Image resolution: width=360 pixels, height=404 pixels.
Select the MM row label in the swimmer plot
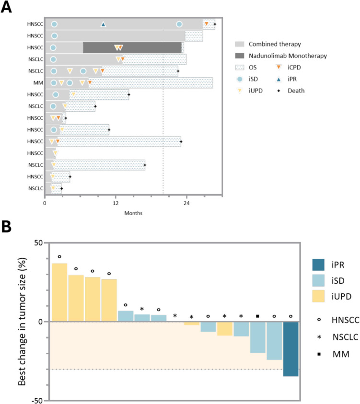point(39,83)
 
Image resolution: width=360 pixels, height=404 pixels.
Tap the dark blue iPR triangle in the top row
point(103,24)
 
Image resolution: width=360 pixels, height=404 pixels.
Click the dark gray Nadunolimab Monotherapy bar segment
point(132,47)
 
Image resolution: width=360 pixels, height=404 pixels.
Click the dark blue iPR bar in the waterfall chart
point(291,349)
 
